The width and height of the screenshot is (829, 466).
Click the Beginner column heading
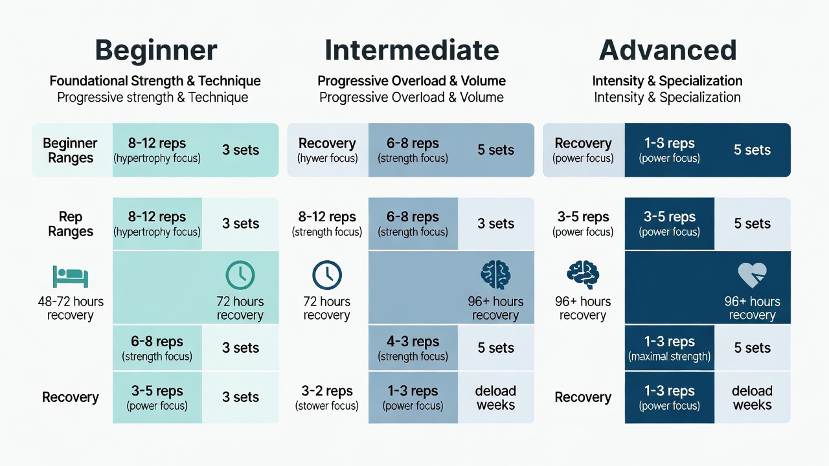(x=156, y=50)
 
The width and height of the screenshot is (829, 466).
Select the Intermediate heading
(x=411, y=50)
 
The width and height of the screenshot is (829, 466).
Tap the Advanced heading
(x=667, y=50)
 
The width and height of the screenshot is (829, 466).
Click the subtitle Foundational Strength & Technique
(x=155, y=81)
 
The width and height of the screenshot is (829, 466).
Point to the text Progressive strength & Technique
(x=152, y=98)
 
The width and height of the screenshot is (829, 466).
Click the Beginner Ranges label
(x=71, y=150)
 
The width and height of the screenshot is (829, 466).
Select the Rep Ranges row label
(x=71, y=224)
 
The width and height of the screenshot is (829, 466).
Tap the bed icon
(x=71, y=276)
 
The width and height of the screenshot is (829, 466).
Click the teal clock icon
(x=240, y=275)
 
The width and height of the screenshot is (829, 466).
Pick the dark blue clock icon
(x=327, y=275)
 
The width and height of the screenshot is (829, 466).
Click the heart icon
(x=752, y=275)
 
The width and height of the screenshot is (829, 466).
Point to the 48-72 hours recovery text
(x=71, y=308)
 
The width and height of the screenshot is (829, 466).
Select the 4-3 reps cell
(x=413, y=348)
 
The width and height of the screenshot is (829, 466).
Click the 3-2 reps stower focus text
(x=327, y=397)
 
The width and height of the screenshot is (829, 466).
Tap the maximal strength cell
(x=670, y=348)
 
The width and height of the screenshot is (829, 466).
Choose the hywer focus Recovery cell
(x=328, y=150)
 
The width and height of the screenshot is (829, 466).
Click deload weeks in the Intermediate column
(x=495, y=397)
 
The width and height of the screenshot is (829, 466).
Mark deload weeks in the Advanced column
(x=752, y=397)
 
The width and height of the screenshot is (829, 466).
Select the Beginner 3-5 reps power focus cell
(x=157, y=397)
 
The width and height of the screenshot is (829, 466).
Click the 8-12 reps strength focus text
(x=327, y=224)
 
